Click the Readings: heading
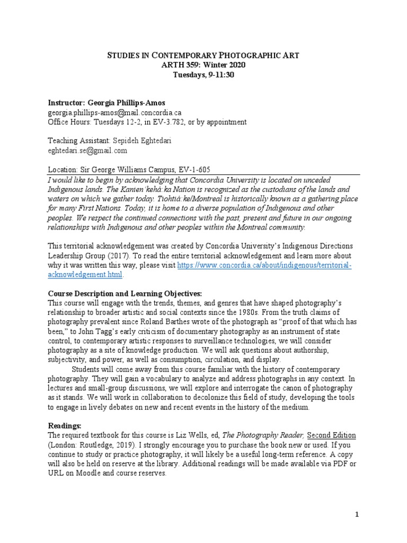(66, 426)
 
